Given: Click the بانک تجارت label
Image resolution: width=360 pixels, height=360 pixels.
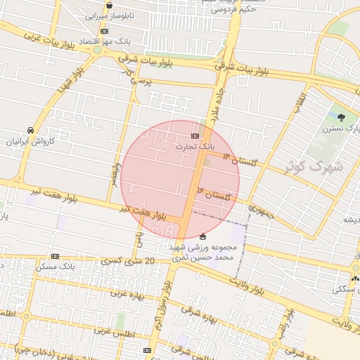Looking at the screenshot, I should [195, 146].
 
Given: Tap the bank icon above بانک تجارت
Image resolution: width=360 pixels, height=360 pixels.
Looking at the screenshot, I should [195, 136].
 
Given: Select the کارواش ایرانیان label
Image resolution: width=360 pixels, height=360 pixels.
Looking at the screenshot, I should [30, 141].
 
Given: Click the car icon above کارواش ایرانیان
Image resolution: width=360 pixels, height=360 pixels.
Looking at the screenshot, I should [30, 131].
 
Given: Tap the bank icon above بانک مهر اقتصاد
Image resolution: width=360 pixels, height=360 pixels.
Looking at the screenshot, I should [105, 32].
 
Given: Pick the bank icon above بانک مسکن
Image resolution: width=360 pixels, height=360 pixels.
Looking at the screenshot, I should [55, 257].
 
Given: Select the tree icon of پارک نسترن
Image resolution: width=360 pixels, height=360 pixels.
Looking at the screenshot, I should [342, 117].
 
